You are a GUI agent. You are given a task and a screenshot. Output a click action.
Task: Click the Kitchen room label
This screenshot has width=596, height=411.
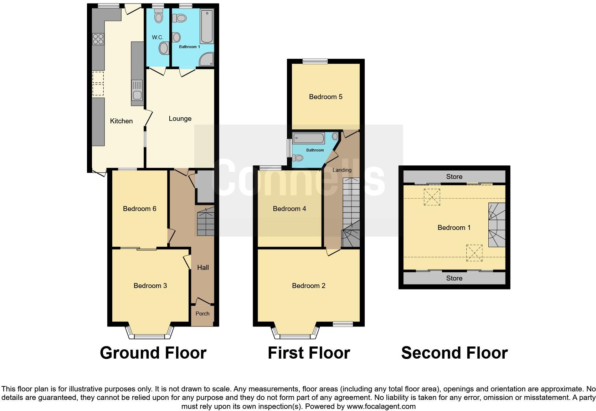click(x=121, y=121)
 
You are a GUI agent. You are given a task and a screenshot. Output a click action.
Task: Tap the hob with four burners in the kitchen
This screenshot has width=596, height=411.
click(x=98, y=38)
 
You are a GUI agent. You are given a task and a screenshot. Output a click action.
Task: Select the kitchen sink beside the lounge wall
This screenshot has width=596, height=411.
click(x=137, y=91)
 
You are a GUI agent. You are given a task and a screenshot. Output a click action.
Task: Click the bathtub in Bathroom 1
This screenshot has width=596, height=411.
click(x=206, y=27)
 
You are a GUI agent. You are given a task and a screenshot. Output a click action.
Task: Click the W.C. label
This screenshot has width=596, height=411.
click(x=158, y=37)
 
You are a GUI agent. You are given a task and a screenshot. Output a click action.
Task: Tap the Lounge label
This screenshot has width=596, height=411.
click(x=180, y=119)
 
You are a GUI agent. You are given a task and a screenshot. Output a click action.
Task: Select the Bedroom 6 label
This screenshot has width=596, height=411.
click(x=139, y=209)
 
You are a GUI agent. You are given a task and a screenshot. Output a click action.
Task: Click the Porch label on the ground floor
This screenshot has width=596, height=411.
click(x=202, y=314)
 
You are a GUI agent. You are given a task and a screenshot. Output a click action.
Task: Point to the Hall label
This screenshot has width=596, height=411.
click(x=203, y=267)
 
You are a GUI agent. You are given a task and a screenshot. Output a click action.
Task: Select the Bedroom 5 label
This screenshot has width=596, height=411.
click(x=325, y=97)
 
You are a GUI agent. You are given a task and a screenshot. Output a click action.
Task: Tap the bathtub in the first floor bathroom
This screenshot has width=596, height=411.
click(x=309, y=138)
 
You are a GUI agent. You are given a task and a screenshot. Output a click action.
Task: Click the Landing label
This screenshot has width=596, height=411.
click(x=342, y=170)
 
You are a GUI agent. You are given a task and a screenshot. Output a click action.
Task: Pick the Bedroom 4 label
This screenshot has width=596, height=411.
click(x=289, y=209)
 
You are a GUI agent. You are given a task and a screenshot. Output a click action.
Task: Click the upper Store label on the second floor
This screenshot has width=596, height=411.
click(x=454, y=176)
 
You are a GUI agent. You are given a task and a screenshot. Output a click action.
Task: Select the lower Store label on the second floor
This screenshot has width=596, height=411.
click(x=454, y=278)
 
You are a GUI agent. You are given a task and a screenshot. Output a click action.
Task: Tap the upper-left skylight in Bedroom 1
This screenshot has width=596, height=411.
click(x=432, y=197)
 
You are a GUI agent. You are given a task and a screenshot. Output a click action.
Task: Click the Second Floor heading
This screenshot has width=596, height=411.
click(x=454, y=353)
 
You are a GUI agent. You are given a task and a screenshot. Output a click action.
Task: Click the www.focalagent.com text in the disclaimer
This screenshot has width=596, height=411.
click(x=381, y=406)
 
